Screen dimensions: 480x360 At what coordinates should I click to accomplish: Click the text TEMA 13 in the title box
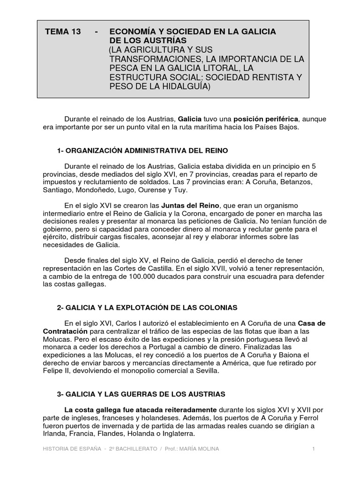[63, 31]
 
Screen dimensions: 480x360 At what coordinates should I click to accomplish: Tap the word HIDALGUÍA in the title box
[180, 87]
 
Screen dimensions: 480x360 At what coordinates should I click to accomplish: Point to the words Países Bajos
[276, 127]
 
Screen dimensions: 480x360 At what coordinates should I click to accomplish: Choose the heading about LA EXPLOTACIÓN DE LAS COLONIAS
[147, 307]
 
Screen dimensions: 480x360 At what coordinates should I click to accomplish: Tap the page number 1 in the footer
[314, 450]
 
